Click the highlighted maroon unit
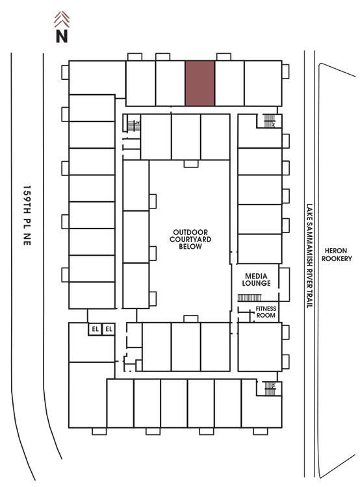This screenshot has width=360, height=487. pos(200,83)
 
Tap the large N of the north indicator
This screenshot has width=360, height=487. pos(62,36)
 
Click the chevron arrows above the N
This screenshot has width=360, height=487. pos(62,19)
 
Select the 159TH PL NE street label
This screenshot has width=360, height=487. pos(27,216)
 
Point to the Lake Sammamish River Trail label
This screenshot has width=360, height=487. pos(309,256)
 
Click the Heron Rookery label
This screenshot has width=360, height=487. pos(337,255)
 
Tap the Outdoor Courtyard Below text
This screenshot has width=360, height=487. pos(190,239)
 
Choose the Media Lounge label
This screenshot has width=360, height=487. pos(256,279)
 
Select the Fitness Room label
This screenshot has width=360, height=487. pos(266,312)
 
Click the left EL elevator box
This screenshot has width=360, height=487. pos(95,329)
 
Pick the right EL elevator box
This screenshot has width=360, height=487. pos(109,329)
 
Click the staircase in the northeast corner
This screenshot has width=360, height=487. pos(270,121)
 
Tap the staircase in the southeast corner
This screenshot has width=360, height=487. pos(270,388)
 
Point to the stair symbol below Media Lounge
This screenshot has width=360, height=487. pos(250,298)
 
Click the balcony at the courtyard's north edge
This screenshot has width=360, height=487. pos(191,164)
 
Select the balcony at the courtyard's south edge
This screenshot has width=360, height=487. pos(191,319)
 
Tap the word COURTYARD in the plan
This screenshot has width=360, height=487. pos(190,239)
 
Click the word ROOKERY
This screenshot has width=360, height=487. pos(337,258)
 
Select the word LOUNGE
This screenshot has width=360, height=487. pos(256,283)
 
